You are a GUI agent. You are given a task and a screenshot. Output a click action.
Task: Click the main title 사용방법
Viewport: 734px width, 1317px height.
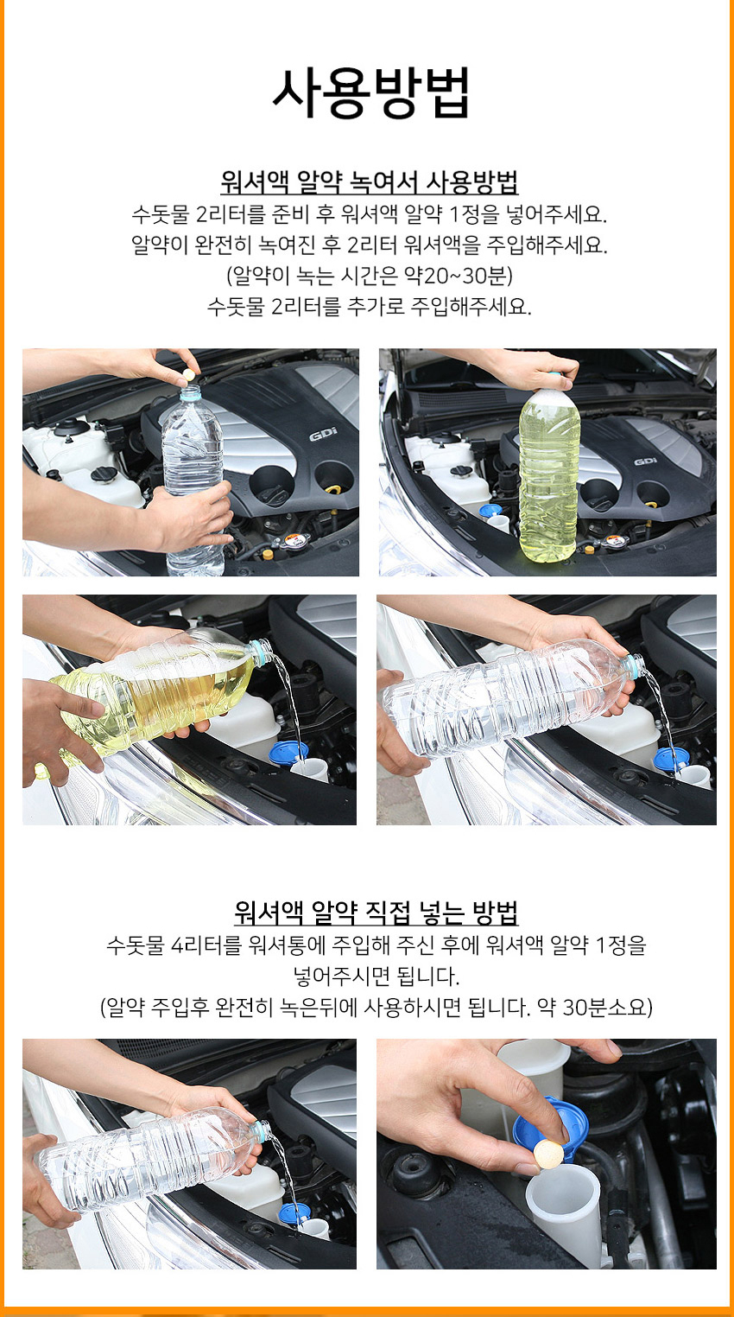click(370, 92)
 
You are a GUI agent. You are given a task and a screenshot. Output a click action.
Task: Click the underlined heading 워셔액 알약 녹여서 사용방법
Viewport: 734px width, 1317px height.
click(369, 181)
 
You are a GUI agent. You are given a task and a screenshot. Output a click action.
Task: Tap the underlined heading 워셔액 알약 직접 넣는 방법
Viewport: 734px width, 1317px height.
click(376, 912)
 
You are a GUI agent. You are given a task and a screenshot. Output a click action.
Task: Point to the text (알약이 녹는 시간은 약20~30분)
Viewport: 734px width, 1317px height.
click(370, 275)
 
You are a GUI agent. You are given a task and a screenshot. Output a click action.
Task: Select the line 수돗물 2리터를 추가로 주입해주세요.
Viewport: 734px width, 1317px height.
click(369, 306)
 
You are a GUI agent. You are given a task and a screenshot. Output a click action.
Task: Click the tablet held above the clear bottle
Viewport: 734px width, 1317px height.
click(188, 374)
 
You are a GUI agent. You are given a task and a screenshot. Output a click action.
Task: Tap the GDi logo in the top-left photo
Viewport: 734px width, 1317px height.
click(323, 435)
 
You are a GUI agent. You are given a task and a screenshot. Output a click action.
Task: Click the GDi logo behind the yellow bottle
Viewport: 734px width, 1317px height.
click(645, 461)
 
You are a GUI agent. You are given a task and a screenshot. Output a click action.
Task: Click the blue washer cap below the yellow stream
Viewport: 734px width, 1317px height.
click(288, 754)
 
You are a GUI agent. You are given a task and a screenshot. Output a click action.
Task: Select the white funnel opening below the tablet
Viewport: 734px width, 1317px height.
click(563, 1182)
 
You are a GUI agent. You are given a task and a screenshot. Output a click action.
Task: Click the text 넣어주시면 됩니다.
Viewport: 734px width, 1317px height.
click(376, 977)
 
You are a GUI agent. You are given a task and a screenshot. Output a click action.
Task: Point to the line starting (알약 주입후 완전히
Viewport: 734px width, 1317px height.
click(376, 1007)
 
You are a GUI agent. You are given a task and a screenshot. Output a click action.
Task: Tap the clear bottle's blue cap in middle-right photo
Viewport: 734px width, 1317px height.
click(634, 665)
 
